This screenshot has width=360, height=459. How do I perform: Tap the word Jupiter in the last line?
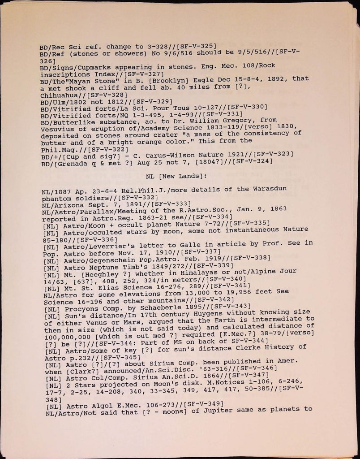tap(212, 411)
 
